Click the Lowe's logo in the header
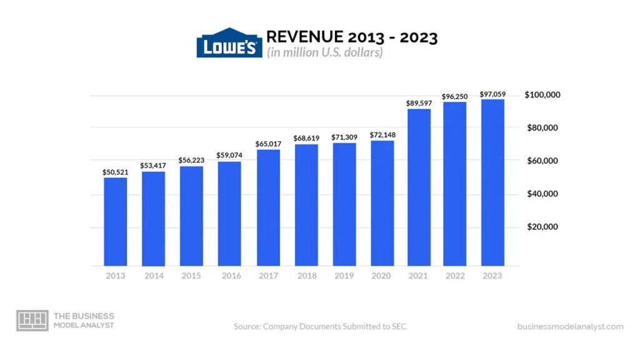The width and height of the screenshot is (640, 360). (x=229, y=43)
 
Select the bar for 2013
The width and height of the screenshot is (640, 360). (x=115, y=222)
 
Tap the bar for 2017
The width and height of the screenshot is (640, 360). (x=267, y=207)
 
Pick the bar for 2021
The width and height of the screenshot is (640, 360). (x=419, y=187)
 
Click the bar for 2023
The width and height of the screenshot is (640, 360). (x=492, y=182)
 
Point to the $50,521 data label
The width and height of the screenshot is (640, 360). (x=115, y=171)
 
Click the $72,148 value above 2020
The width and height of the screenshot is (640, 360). (x=382, y=134)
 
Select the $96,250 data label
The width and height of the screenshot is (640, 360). (x=456, y=96)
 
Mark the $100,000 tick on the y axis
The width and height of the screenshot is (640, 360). (x=542, y=95)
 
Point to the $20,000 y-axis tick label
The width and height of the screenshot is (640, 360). (x=542, y=227)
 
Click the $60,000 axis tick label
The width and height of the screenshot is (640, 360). (x=542, y=161)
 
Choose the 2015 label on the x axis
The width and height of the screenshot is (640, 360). (x=191, y=276)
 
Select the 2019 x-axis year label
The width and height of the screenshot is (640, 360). (x=344, y=276)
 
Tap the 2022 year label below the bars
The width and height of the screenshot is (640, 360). (x=456, y=276)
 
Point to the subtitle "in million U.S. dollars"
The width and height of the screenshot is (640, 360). (x=325, y=52)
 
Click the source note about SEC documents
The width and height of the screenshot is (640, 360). (x=320, y=326)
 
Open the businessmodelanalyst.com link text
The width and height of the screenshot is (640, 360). (x=570, y=326)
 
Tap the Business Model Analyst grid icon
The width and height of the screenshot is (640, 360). (x=32, y=321)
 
